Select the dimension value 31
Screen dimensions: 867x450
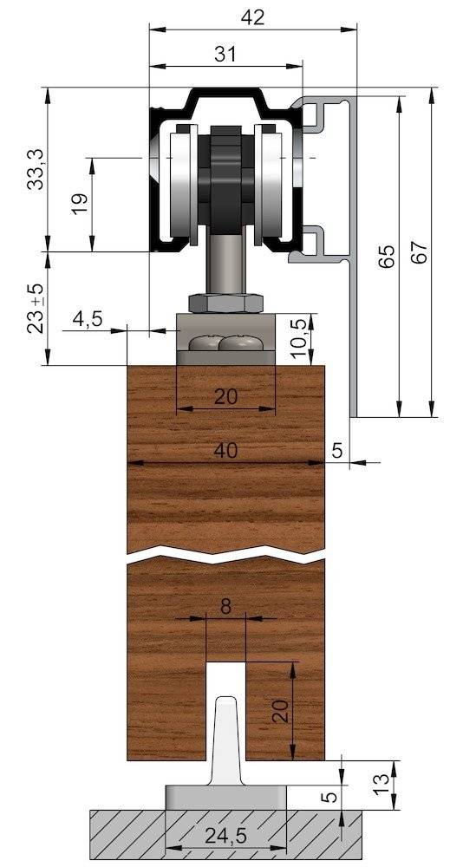click(x=225, y=54)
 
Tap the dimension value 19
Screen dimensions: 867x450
click(x=78, y=205)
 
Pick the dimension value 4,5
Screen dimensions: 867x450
click(x=88, y=318)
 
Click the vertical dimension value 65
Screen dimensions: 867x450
click(x=387, y=256)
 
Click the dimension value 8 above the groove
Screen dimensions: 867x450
click(x=225, y=606)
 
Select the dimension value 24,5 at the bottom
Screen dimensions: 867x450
click(x=225, y=838)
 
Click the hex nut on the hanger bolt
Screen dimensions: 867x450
click(x=225, y=303)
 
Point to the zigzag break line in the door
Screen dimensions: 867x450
click(x=225, y=553)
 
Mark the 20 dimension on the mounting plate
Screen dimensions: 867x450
click(x=225, y=396)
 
